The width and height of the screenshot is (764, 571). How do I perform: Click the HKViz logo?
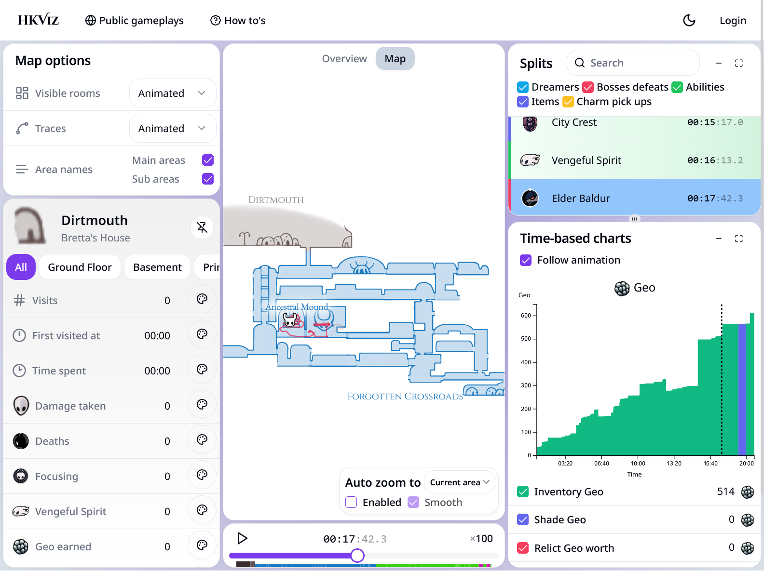coord(38,20)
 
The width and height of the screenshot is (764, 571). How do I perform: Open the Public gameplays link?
coord(135,20)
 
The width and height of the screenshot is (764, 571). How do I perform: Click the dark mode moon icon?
coord(689,20)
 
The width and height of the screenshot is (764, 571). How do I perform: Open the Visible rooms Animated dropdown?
coord(172,93)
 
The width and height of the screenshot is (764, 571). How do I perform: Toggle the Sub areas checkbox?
coord(208,179)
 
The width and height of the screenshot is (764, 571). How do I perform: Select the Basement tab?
coord(157,267)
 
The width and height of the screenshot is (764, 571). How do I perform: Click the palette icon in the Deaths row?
coord(202,439)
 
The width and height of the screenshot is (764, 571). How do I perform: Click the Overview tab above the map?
coord(344,58)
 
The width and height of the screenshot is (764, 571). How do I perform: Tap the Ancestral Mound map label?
coord(297,307)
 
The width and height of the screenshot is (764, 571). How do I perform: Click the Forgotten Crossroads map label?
coord(405,396)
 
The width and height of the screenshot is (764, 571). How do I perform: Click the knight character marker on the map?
coord(290,320)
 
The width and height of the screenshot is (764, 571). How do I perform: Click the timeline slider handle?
coord(357,556)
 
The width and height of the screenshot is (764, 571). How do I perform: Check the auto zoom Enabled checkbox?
coord(351,502)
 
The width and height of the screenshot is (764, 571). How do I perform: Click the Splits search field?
coord(633,63)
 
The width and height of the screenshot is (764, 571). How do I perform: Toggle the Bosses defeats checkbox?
coord(588,87)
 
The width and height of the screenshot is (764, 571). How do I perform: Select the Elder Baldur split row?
coord(635,198)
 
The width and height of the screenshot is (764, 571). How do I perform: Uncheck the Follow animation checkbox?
coord(526,260)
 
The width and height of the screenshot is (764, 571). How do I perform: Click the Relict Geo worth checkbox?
coord(523,548)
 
